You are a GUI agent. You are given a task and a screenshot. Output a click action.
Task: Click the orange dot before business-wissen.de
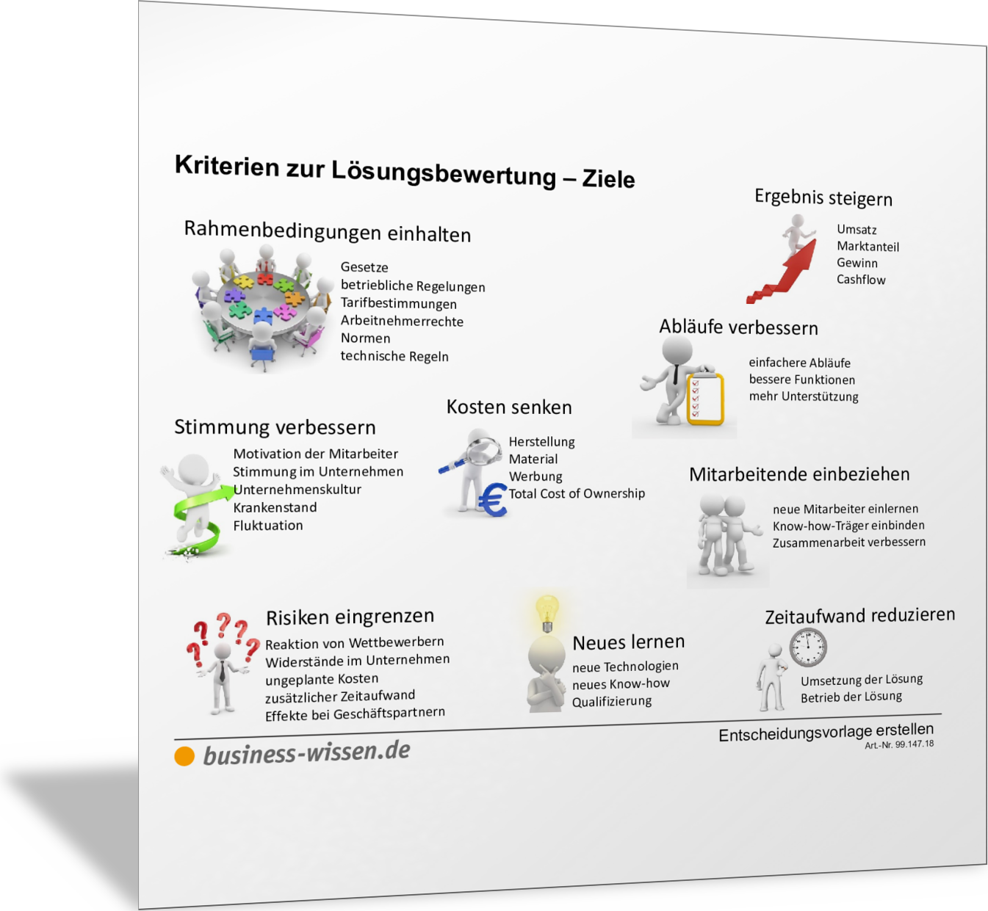click(x=184, y=756)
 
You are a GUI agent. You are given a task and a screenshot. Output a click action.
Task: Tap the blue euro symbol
click(x=492, y=500)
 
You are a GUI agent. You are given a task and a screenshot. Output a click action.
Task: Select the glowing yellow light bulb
click(x=547, y=614)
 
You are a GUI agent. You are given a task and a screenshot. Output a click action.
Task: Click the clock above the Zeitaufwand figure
click(x=808, y=647)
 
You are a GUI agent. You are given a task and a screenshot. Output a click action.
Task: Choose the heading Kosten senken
click(x=509, y=407)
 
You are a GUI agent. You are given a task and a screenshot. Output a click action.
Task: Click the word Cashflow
click(x=861, y=280)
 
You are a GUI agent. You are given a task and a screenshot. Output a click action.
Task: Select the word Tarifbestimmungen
click(x=398, y=303)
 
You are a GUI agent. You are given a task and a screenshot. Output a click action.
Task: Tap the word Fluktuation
click(x=267, y=525)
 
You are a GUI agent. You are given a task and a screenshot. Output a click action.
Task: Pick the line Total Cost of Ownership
click(x=577, y=493)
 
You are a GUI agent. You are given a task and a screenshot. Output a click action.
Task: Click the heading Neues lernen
click(x=628, y=642)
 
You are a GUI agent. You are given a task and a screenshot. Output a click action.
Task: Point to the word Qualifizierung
click(x=611, y=701)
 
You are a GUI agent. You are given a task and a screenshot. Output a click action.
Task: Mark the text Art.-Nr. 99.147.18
click(x=899, y=744)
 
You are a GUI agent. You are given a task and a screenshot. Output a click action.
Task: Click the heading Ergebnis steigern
click(x=823, y=197)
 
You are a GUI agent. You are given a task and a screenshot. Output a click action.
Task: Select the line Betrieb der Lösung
click(x=851, y=697)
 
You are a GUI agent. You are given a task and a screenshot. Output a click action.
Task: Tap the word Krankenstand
click(x=275, y=507)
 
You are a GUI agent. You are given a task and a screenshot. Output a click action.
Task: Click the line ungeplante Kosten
click(x=321, y=679)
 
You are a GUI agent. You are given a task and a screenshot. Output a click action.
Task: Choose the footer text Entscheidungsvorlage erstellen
click(x=826, y=732)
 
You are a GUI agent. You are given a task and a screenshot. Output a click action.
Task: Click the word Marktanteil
click(x=868, y=246)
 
